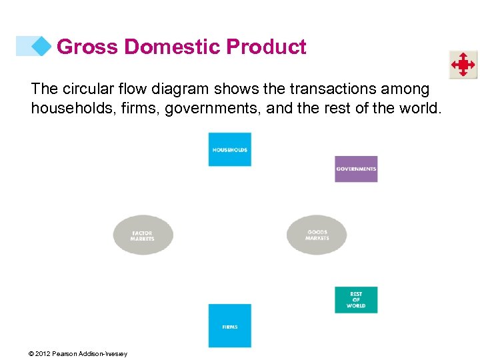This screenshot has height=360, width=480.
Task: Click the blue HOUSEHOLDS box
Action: pyautogui.click(x=229, y=149)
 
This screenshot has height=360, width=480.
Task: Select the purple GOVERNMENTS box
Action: pyautogui.click(x=356, y=169)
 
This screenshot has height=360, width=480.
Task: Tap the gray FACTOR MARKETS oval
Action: pyautogui.click(x=143, y=235)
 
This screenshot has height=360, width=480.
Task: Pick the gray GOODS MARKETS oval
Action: pyautogui.click(x=317, y=235)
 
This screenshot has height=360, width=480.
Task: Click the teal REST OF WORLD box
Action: pyautogui.click(x=356, y=300)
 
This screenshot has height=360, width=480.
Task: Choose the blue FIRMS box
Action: pyautogui.click(x=229, y=325)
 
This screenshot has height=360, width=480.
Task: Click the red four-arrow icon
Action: pyautogui.click(x=463, y=65)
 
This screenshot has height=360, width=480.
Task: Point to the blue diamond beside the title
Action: pyautogui.click(x=42, y=46)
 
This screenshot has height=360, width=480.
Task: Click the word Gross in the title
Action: pyautogui.click(x=88, y=47)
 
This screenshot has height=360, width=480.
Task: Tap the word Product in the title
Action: pyautogui.click(x=266, y=47)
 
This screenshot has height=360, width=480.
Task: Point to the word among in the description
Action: pyautogui.click(x=408, y=89)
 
